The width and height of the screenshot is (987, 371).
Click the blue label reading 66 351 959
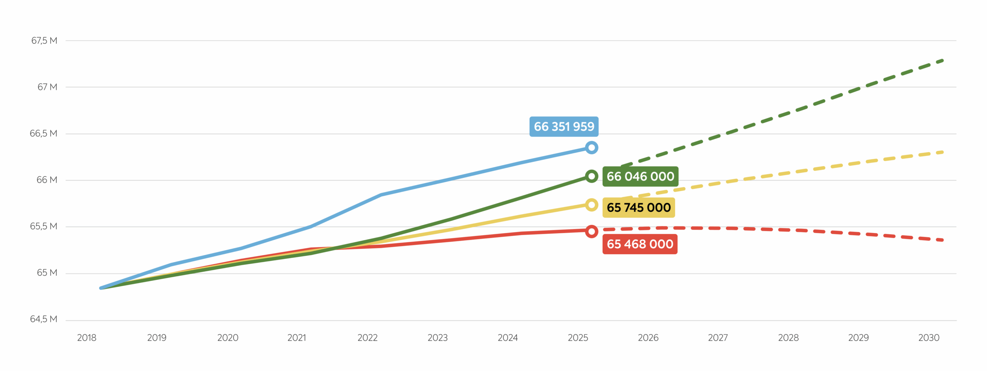[x=564, y=126]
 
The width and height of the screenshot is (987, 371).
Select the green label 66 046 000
[x=640, y=177]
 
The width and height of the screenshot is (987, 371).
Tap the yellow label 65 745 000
[x=638, y=207]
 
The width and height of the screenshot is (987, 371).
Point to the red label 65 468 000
[x=640, y=244]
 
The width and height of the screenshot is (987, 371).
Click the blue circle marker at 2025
[x=591, y=148]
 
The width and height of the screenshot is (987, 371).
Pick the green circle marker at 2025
[x=591, y=176]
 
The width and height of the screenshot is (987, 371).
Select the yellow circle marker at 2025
[x=591, y=205]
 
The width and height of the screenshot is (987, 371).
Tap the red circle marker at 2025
[x=591, y=231]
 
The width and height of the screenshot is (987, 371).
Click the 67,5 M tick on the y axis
[x=44, y=40]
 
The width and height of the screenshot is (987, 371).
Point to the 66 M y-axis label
[x=47, y=180]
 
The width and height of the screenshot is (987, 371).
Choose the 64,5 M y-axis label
[x=44, y=319]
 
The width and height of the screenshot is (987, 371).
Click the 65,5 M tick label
[x=44, y=226]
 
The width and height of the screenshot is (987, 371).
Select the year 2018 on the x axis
[x=87, y=338]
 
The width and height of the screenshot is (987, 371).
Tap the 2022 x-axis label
[x=367, y=338]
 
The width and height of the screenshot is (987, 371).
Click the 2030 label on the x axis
[x=929, y=338]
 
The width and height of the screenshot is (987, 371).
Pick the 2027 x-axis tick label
[x=718, y=338]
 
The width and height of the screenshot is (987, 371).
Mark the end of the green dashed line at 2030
[x=942, y=61]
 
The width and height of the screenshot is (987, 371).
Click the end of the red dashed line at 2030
[x=942, y=240]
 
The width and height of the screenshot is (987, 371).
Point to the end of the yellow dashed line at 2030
[x=942, y=152]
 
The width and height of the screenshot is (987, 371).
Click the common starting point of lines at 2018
[x=101, y=288]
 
